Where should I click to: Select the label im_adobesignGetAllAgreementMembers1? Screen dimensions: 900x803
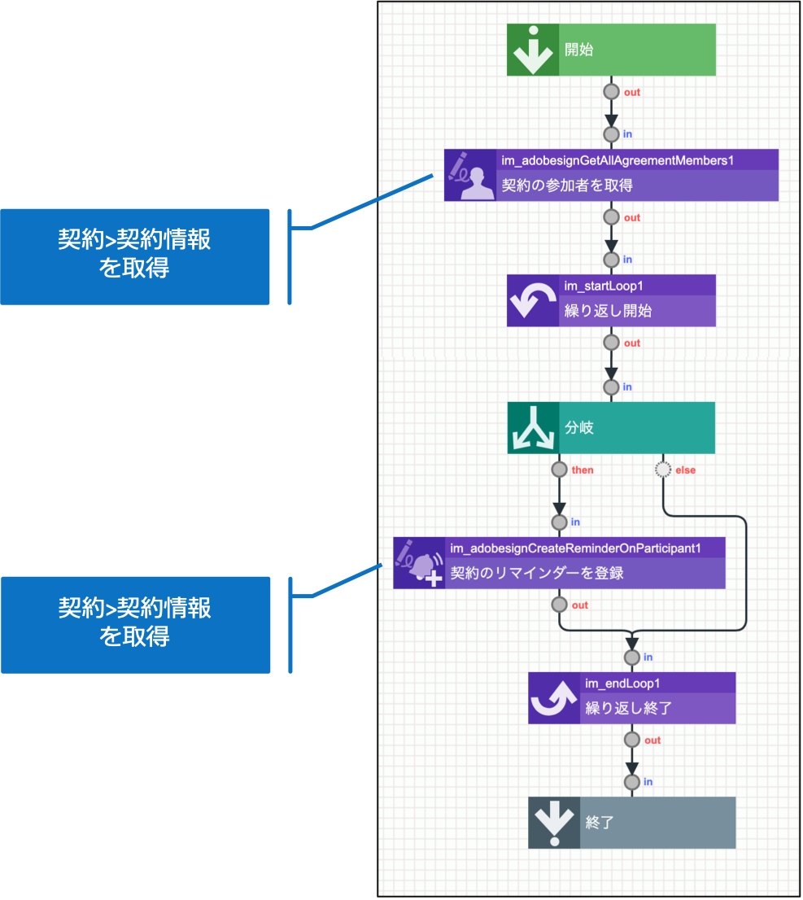618,161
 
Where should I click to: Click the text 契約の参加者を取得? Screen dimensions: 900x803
567,186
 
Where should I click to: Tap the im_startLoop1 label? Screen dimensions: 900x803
605,286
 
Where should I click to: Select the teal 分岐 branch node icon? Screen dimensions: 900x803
533,428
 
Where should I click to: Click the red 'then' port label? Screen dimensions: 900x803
583,470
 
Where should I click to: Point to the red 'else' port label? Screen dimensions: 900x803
685,470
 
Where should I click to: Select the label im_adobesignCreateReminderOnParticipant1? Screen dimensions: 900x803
575,548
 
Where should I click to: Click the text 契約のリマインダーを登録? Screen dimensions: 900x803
537,573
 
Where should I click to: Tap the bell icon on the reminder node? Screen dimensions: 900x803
420,563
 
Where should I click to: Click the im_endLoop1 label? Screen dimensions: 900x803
622,683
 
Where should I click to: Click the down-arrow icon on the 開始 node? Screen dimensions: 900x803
533,50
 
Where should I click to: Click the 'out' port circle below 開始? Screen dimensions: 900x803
611,92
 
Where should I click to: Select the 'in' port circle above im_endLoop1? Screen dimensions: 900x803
632,657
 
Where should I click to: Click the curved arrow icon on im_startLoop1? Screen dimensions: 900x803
533,301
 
